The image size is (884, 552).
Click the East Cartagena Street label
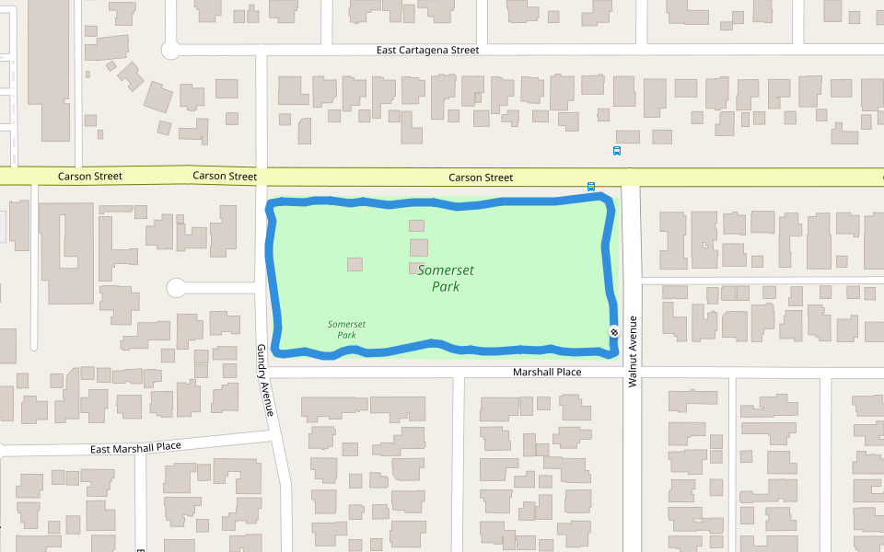pyautogui.click(x=427, y=50)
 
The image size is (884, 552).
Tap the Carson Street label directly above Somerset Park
pyautogui.click(x=481, y=178)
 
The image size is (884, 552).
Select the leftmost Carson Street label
pyautogui.click(x=90, y=176)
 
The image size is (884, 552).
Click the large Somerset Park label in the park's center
pyautogui.click(x=446, y=278)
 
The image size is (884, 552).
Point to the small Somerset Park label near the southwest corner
pyautogui.click(x=346, y=329)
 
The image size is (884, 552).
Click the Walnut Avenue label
pyautogui.click(x=634, y=351)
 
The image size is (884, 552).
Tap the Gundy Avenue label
pyautogui.click(x=266, y=380)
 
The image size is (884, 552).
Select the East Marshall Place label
pyautogui.click(x=135, y=447)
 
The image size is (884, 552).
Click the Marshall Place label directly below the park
pyautogui.click(x=547, y=372)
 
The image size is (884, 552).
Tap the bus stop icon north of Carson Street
pyautogui.click(x=617, y=151)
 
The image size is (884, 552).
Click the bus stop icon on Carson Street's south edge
pyautogui.click(x=591, y=186)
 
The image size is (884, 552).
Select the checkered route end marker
pyautogui.click(x=614, y=331)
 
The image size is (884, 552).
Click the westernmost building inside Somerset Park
pyautogui.click(x=355, y=264)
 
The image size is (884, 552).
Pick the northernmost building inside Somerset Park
pyautogui.click(x=417, y=225)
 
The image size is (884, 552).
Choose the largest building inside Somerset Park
pyautogui.click(x=419, y=247)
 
